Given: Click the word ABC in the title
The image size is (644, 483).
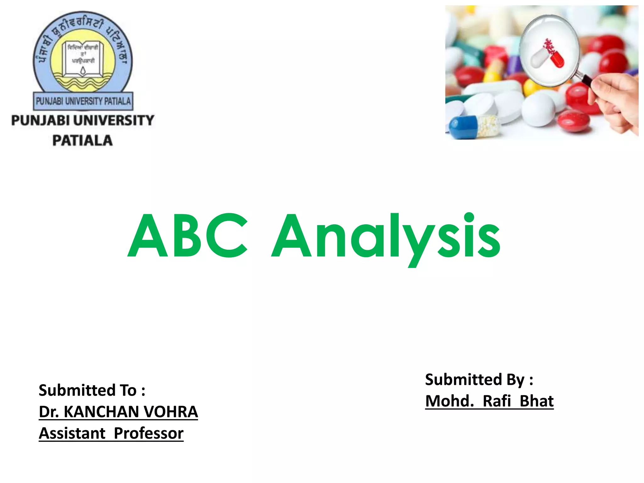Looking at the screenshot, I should click(x=188, y=236).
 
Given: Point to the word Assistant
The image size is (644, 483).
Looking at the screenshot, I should click(x=72, y=434).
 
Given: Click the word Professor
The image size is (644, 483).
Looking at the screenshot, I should click(x=148, y=434).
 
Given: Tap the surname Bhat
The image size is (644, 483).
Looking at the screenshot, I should click(x=536, y=401).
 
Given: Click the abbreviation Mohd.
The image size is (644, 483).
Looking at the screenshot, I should click(x=449, y=401).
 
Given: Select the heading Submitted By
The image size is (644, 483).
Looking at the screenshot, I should click(x=479, y=380).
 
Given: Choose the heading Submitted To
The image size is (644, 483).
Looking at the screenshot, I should click(x=92, y=391).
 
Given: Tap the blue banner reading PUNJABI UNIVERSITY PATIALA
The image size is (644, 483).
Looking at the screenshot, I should click(x=83, y=101).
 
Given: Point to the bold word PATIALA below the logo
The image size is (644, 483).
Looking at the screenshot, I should click(x=82, y=141).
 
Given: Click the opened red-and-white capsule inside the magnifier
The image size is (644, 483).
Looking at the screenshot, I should click(x=548, y=56).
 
